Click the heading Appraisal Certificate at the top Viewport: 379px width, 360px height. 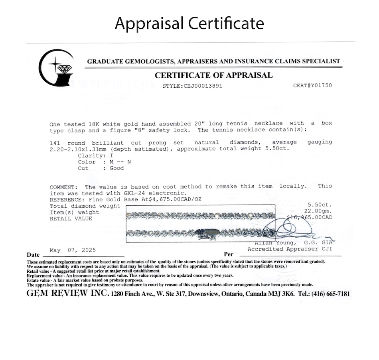point(189,24)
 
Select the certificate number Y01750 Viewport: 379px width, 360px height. point(319,85)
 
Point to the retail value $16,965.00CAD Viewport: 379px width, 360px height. point(310,218)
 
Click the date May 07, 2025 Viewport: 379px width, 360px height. point(73,250)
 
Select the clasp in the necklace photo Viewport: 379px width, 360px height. point(207,232)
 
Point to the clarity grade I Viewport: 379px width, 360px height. point(111,155)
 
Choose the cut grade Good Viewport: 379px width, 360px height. point(116,168)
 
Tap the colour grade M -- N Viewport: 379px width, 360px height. point(117,162)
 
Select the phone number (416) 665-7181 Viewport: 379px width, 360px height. point(330,294)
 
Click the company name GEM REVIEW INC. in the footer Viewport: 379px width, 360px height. point(67,293)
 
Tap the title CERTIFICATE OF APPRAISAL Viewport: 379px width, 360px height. point(213,75)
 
